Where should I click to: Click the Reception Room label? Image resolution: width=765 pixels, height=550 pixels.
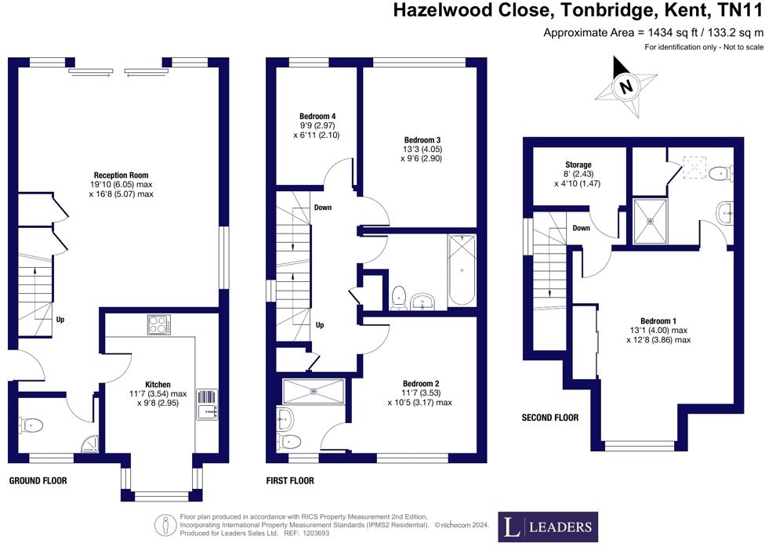[x=121, y=175]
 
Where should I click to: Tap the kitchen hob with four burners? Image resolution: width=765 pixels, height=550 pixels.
[x=159, y=325]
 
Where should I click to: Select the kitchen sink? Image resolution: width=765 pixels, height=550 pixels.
[x=208, y=405]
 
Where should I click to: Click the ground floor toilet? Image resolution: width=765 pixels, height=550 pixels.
[x=31, y=425]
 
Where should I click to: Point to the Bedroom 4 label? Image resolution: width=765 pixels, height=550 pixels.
[x=317, y=117]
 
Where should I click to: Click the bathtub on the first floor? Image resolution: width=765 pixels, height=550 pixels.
[x=461, y=270]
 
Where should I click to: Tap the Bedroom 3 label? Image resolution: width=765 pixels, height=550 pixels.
[x=422, y=140]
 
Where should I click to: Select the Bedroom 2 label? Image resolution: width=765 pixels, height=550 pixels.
[x=421, y=384]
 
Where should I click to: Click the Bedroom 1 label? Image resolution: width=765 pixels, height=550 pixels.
[x=658, y=321]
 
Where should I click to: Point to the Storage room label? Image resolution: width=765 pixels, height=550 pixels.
[x=578, y=165]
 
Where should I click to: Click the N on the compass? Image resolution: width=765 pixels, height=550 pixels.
[x=626, y=87]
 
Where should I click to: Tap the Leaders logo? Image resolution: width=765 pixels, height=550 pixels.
[x=548, y=526]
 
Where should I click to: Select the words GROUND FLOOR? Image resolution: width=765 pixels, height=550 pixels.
[x=38, y=481]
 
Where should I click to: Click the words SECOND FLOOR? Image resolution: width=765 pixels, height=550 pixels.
[x=550, y=418]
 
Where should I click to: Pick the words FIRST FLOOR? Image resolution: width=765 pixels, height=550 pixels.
[x=290, y=481]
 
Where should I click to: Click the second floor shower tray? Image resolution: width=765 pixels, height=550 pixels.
[x=649, y=221]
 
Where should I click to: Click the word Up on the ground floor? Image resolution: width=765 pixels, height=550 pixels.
[x=60, y=320]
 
